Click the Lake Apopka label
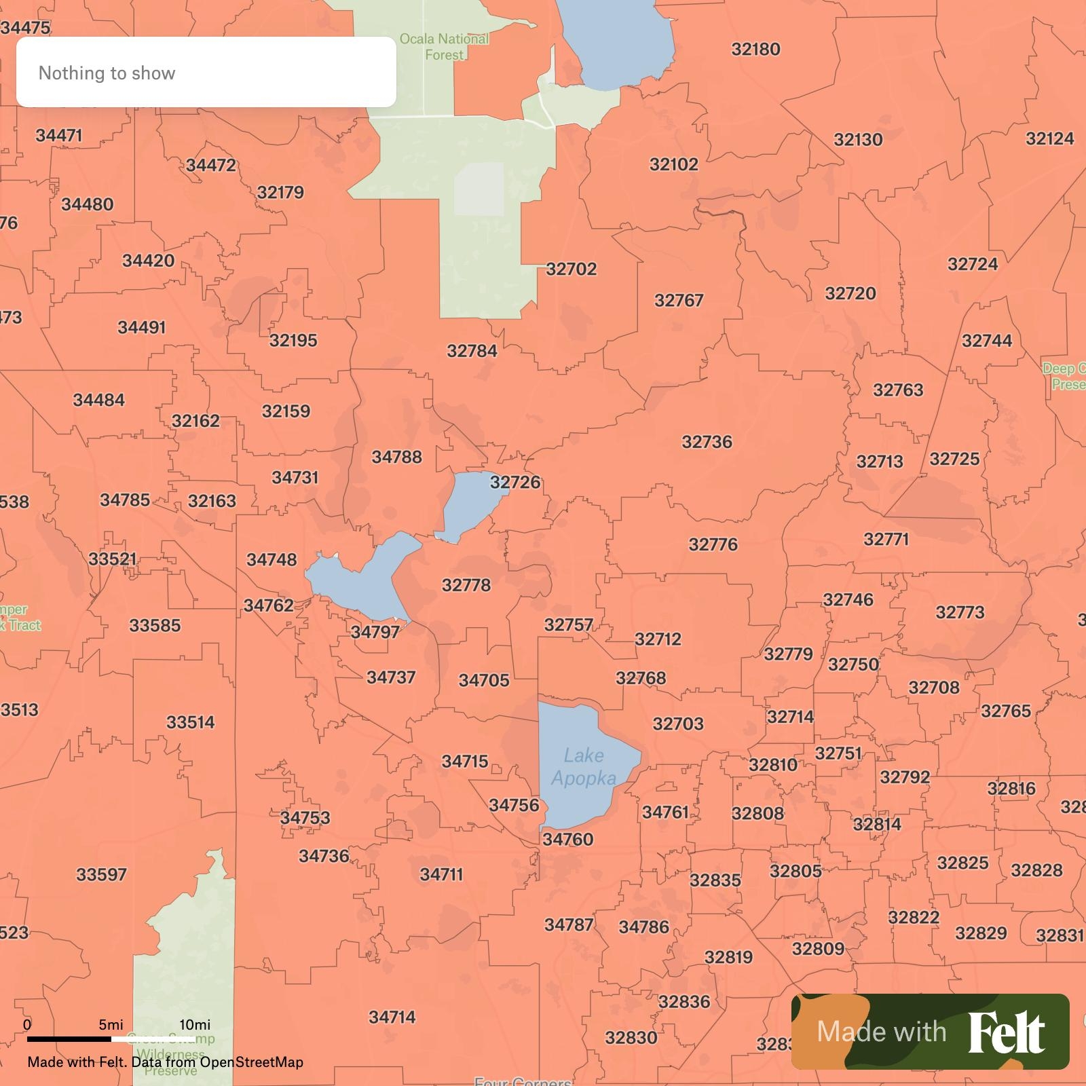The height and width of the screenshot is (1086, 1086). (x=583, y=766)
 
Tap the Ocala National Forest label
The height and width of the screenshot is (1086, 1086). (x=444, y=47)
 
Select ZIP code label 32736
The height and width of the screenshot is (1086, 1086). (x=707, y=442)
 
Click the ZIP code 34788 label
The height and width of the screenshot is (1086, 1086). (x=396, y=457)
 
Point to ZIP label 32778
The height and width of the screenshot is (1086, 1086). (x=466, y=585)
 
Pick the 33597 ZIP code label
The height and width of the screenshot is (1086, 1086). (x=101, y=874)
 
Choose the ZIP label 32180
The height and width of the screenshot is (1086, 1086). (x=755, y=49)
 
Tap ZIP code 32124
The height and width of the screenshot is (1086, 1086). (x=1049, y=138)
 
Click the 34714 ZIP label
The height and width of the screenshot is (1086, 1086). (x=392, y=1017)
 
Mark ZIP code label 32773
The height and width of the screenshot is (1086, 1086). (x=960, y=612)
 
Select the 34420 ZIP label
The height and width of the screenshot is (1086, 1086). (x=148, y=261)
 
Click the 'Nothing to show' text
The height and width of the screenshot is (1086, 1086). (x=107, y=73)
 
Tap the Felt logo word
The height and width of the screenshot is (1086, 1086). (x=1006, y=1032)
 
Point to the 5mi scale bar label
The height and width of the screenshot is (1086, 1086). (x=111, y=1024)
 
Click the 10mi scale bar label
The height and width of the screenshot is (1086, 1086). (x=195, y=1024)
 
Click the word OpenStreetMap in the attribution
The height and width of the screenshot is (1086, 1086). (x=251, y=1062)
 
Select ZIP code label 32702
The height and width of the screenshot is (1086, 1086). (x=572, y=269)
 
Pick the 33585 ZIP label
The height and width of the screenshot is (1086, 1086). (x=155, y=625)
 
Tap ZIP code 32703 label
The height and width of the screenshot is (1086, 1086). (x=678, y=724)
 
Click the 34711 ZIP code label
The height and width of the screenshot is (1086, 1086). (x=441, y=874)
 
